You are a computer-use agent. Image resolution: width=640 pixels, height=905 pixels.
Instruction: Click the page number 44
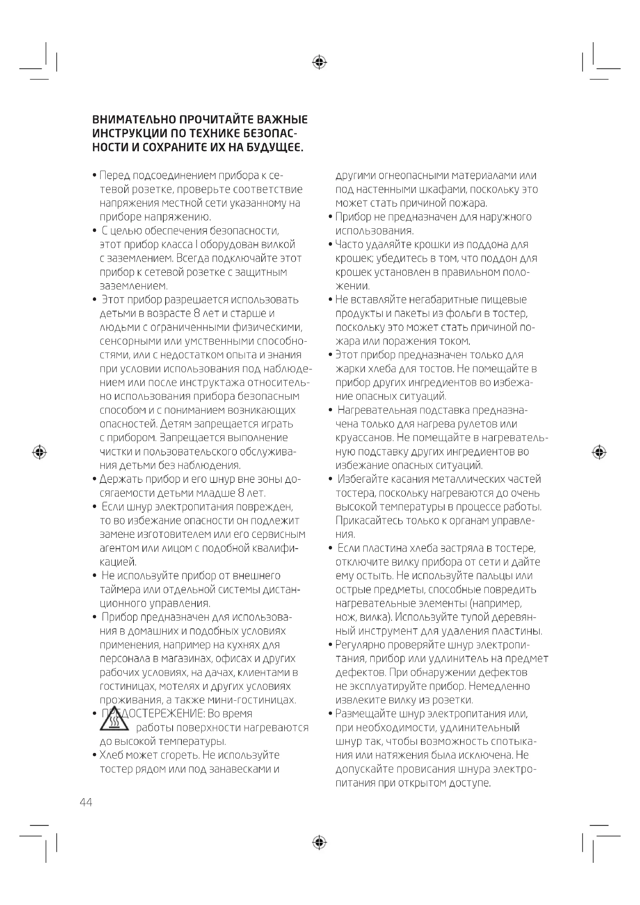coord(86,802)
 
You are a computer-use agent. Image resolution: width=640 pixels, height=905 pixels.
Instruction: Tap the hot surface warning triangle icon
coord(114,719)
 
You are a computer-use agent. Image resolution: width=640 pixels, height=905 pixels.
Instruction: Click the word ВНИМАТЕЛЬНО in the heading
coord(134,120)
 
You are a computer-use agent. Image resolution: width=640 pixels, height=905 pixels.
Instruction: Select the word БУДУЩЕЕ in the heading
coord(275,148)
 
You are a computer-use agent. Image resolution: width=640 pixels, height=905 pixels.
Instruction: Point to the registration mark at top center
coord(320,62)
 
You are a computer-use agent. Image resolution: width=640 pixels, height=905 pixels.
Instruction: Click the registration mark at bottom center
coord(320,842)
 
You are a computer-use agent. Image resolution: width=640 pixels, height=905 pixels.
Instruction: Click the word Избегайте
coord(363,479)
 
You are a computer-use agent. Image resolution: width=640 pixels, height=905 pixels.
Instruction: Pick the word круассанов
coord(364,438)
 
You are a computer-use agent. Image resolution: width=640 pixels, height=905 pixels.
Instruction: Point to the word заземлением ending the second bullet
coord(133,286)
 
